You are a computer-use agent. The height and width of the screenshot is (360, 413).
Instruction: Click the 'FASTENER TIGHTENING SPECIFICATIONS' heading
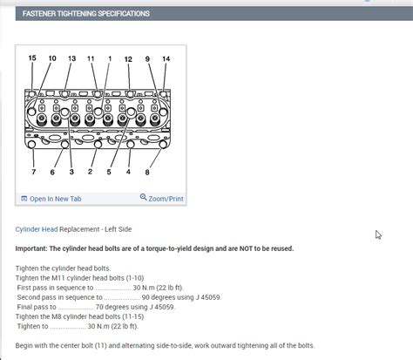click(85, 14)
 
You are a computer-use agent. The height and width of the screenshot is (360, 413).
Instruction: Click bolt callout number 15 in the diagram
click(32, 58)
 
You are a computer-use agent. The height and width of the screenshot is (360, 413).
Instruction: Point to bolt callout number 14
click(166, 58)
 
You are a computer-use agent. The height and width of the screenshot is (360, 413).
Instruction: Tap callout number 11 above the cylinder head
click(91, 58)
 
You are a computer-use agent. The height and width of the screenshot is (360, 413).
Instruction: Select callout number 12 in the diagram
click(128, 58)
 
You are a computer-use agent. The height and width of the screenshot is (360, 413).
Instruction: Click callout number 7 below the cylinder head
click(33, 172)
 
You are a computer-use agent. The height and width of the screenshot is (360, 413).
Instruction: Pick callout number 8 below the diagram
click(147, 172)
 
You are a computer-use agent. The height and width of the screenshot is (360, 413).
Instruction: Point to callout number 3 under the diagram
click(71, 172)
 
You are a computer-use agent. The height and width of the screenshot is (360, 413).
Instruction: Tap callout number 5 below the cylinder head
click(109, 172)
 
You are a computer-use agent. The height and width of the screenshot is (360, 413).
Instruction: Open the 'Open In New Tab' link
click(54, 199)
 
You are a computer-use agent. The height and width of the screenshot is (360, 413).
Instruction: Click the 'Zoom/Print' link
click(162, 199)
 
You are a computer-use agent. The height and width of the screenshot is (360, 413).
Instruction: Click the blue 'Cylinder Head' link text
click(36, 229)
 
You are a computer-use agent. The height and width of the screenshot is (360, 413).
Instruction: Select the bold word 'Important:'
click(35, 248)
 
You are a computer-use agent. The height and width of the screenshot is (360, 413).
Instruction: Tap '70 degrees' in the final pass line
click(114, 307)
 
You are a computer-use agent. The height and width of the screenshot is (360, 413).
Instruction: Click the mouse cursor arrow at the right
click(378, 234)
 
